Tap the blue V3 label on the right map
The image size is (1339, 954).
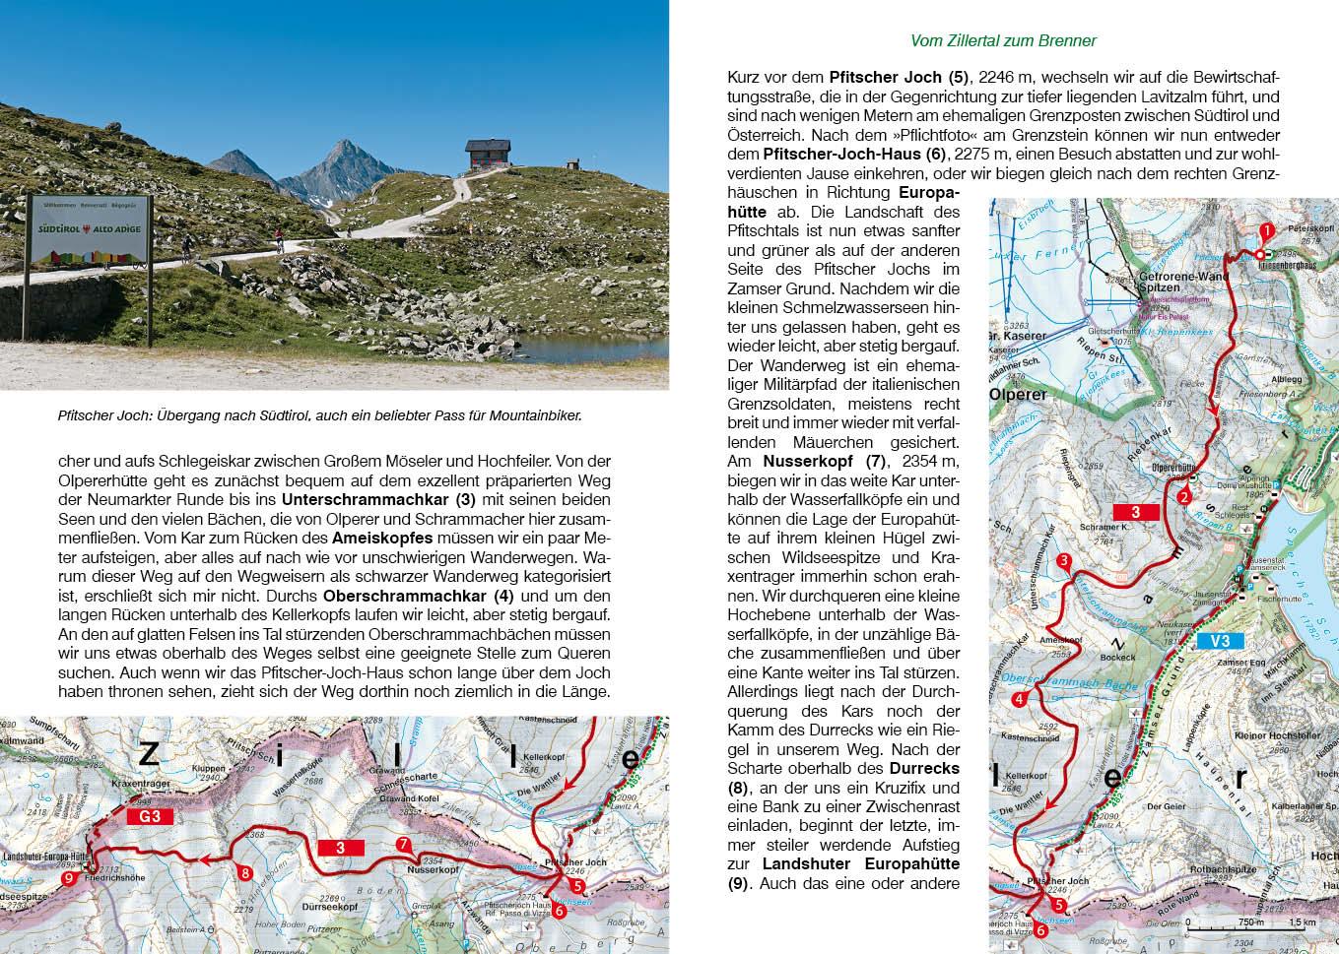pos(1220,641)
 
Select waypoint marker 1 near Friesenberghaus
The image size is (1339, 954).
pos(1267,229)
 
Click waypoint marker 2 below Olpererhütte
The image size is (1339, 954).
pos(1183,496)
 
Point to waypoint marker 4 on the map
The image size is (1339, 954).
pos(1018,700)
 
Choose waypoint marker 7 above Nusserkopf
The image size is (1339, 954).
pos(402,844)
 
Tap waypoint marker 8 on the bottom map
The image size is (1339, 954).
pos(246,871)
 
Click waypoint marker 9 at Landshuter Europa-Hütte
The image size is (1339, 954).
pos(68,879)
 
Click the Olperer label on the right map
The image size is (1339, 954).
pos(1020,395)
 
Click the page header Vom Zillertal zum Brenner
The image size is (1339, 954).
pos(1003,40)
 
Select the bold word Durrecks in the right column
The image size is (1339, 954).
pos(924,767)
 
